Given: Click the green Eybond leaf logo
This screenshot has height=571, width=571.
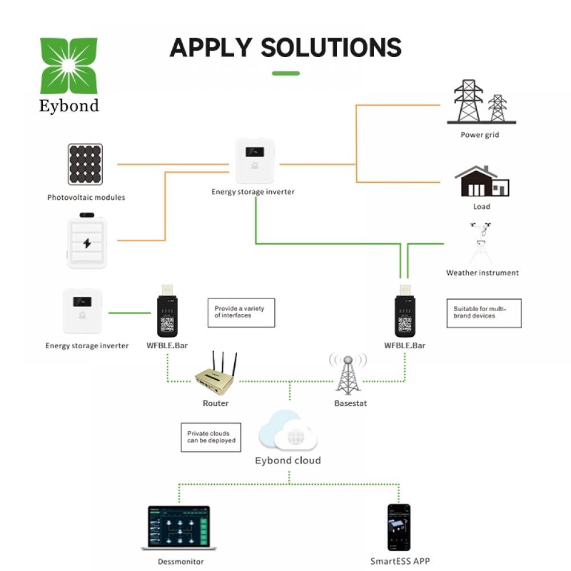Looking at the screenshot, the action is (x=69, y=66).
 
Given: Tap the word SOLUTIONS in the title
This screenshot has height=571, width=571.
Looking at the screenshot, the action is (x=331, y=48).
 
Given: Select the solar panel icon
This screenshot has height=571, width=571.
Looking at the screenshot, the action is (x=85, y=164).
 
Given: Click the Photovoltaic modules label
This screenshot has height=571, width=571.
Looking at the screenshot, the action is (x=86, y=198).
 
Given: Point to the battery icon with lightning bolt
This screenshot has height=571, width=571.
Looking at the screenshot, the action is (x=87, y=240).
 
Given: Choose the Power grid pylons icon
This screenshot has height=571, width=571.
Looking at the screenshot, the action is (x=481, y=102).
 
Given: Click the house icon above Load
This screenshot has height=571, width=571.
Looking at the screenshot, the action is (x=482, y=181).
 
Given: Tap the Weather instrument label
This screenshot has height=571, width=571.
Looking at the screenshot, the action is (x=482, y=273).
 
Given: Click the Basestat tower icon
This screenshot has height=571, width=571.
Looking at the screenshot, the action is (x=348, y=373).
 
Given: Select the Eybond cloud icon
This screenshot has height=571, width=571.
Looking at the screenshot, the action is (x=288, y=430).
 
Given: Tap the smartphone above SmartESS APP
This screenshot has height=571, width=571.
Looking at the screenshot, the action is (x=399, y=527).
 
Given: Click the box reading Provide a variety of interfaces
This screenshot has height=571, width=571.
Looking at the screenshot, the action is (x=241, y=313).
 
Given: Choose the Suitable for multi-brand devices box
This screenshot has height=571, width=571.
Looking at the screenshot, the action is (x=484, y=313).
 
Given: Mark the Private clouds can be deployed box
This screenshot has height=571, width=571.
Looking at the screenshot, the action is (x=211, y=437).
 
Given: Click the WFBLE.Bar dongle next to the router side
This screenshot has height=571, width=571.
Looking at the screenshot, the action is (x=167, y=311).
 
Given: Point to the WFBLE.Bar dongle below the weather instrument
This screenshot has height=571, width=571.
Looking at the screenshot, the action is (x=405, y=311).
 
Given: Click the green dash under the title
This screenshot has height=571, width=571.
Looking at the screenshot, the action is (x=286, y=74).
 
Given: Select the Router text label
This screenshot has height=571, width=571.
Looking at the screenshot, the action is (x=216, y=403).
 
